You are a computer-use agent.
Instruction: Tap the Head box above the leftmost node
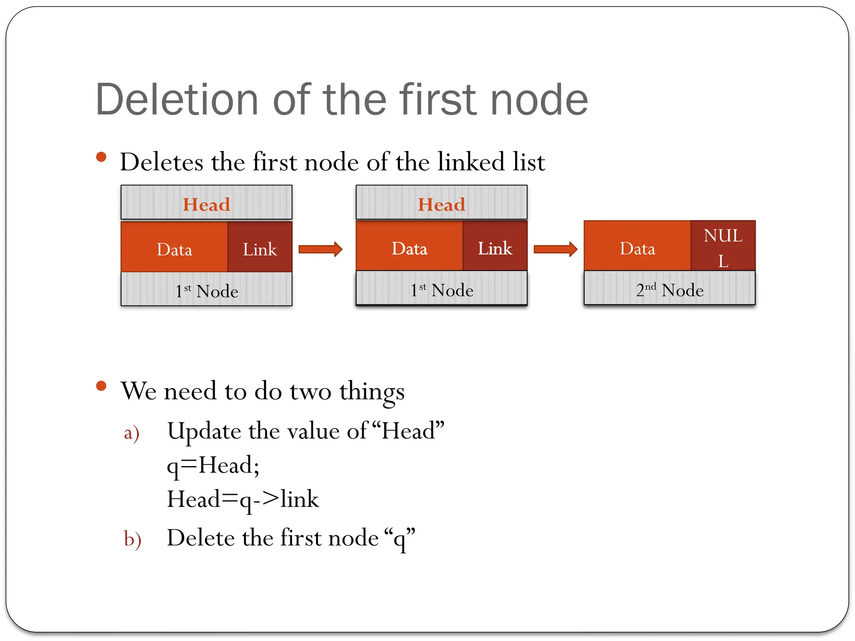coord(206,203)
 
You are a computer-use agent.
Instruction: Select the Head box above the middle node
coord(441,203)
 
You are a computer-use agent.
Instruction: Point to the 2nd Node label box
coord(669,289)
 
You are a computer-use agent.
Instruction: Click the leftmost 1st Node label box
coord(206,290)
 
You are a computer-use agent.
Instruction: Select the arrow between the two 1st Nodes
coord(320,249)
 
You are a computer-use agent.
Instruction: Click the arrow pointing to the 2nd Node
coord(555,249)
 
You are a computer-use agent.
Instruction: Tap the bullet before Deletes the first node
coord(101,157)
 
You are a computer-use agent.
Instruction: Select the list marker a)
coord(132,433)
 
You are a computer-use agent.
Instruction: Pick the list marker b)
coord(132,539)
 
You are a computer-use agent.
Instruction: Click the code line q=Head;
coord(213,465)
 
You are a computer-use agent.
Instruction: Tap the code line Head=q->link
coord(243,500)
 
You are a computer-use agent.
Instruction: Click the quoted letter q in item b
coord(400,539)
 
